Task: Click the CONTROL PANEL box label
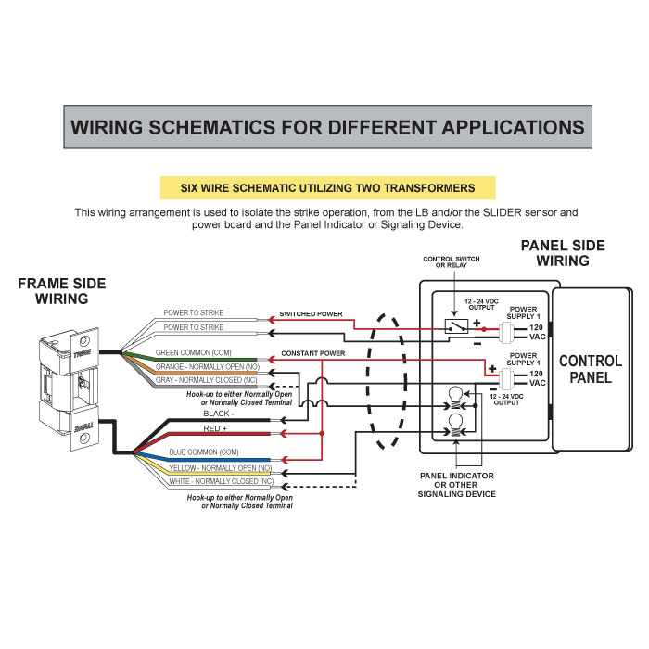point(590,368)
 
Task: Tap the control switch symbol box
point(455,326)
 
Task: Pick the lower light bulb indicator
point(456,426)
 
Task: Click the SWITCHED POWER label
point(311,314)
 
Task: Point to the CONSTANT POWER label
point(312,353)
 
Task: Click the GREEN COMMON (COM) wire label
point(194,353)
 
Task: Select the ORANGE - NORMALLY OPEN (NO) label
point(208,367)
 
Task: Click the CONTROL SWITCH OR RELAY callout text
point(452,262)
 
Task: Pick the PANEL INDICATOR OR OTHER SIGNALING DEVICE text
point(456,485)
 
